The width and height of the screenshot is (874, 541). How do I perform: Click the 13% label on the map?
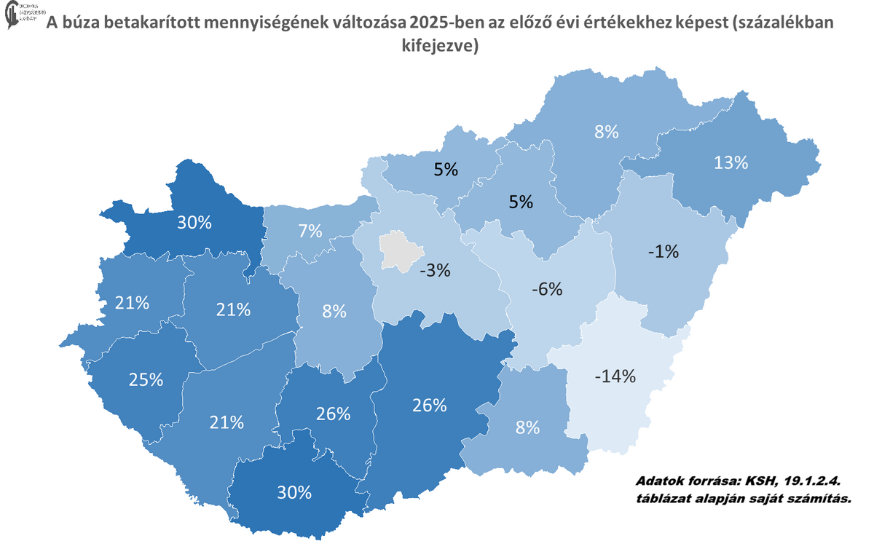(x=731, y=162)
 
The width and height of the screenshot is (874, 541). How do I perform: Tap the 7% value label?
(x=310, y=232)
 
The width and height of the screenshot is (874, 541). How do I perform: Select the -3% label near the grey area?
(x=435, y=270)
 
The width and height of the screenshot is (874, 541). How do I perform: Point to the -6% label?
(x=546, y=289)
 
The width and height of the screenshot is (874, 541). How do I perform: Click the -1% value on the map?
(x=662, y=252)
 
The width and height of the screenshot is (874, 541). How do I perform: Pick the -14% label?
(x=615, y=376)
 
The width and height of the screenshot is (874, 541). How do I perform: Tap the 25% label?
(x=145, y=379)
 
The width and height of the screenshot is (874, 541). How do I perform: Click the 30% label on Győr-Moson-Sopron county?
(x=194, y=223)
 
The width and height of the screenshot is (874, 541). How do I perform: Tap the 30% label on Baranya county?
(x=294, y=492)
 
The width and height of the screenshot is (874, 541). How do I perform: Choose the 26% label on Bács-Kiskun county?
(x=428, y=406)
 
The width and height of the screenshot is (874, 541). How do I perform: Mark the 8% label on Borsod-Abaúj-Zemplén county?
(x=606, y=132)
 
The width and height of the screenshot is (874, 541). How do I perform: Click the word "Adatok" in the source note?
(x=660, y=482)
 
